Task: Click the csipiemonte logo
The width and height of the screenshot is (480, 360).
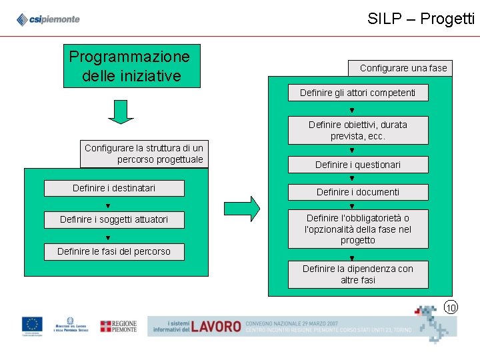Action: [x=48, y=19]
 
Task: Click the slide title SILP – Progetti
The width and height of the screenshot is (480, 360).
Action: [x=421, y=19]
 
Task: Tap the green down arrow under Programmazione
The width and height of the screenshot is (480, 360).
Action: [x=121, y=112]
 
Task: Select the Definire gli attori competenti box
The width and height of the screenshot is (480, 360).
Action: [x=357, y=93]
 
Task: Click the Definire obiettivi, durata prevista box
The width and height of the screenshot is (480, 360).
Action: [x=357, y=130]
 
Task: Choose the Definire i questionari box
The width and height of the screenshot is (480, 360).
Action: [x=357, y=165]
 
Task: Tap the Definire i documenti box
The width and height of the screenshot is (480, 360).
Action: [x=357, y=192]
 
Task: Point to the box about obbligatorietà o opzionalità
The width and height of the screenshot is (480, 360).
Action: [x=357, y=229]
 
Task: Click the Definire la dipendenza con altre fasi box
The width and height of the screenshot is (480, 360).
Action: [x=357, y=274]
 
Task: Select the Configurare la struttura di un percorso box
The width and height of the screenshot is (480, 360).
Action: [x=144, y=154]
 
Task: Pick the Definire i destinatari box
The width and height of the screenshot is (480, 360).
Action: [x=114, y=189]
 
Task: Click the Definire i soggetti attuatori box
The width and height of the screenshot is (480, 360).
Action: [x=114, y=219]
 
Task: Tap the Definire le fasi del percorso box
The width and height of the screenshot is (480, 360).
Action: [x=114, y=251]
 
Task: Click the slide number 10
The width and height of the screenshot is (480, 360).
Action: [x=451, y=307]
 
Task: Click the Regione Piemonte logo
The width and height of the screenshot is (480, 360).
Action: [x=118, y=326]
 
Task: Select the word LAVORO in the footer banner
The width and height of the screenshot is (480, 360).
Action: [x=215, y=326]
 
